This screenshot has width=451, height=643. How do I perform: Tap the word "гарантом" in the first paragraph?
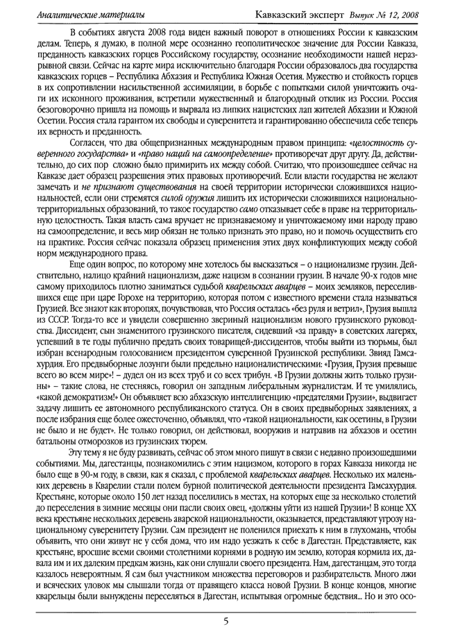click(x=103, y=120)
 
